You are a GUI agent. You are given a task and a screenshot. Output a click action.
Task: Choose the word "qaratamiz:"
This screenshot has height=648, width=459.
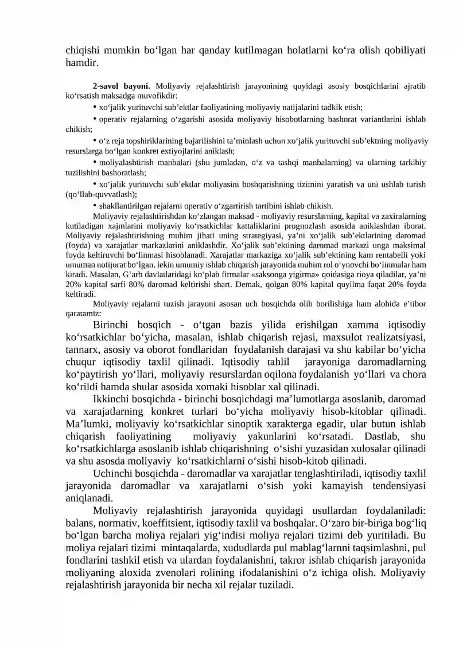tap(83, 313)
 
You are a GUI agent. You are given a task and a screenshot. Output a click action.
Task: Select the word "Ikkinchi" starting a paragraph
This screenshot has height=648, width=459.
tap(113, 399)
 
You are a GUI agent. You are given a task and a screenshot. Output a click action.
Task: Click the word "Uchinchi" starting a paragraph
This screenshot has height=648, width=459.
tap(114, 473)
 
